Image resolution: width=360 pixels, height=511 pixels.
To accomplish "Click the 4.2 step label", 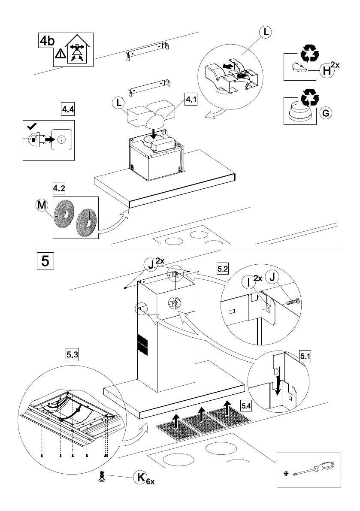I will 59,188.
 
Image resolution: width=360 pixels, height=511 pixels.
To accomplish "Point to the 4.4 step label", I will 68,109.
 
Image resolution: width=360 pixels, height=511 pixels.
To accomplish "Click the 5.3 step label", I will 72,354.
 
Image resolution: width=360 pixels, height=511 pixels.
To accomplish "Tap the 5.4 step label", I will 247,405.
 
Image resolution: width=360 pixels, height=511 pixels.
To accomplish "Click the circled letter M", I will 41,206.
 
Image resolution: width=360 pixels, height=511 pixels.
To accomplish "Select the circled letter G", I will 326,114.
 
